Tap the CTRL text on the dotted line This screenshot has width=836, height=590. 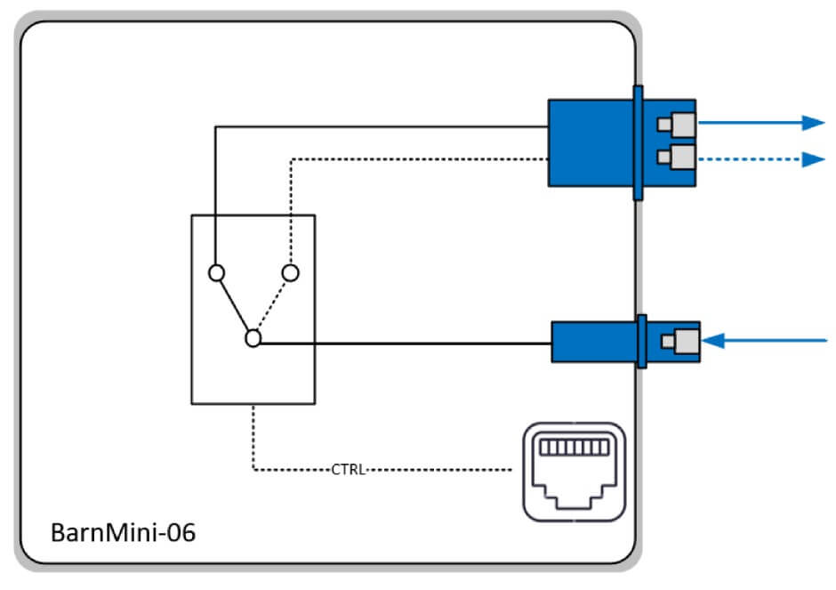pos(348,469)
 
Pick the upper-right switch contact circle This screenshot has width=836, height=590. pos(289,272)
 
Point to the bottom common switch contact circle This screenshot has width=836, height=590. pos(253,338)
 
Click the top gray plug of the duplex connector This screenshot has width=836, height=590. pos(681,123)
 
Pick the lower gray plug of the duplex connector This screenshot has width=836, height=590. pos(681,158)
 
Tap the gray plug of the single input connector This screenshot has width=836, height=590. pos(687,340)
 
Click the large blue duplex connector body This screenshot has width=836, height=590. pos(587,142)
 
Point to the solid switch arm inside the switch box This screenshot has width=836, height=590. pos(234,305)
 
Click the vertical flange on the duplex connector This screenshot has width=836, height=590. pos(638,142)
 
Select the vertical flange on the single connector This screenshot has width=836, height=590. pos(640,341)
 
